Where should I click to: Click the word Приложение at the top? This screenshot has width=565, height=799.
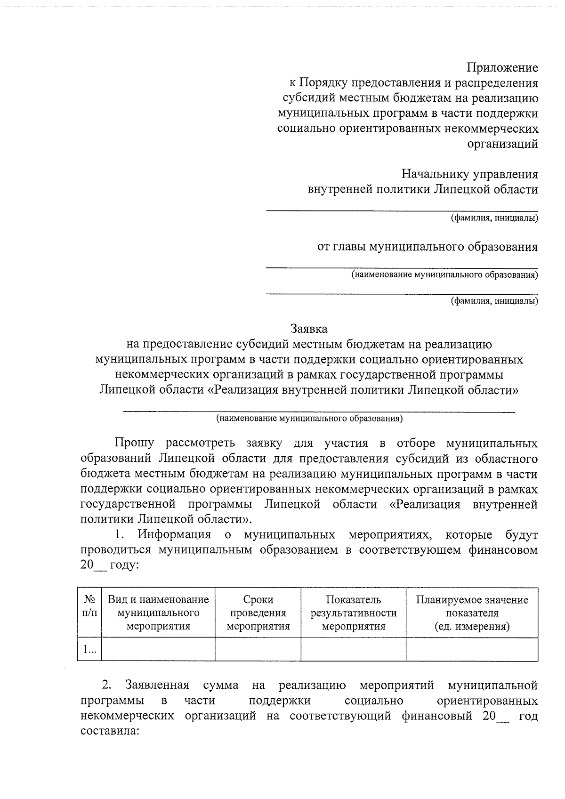tap(502, 68)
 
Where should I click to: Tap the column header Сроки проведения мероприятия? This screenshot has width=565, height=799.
tap(258, 613)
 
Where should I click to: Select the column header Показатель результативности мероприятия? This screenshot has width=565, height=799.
tap(353, 613)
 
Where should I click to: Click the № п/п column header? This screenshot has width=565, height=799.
tap(89, 606)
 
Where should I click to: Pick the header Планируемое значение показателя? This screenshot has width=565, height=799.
tap(472, 613)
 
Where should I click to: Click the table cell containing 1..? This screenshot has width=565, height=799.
tap(89, 649)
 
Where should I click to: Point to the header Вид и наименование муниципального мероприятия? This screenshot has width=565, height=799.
tap(158, 613)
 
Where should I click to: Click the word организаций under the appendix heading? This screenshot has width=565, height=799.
tap(502, 144)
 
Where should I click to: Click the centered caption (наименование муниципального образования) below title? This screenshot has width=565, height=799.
tap(309, 418)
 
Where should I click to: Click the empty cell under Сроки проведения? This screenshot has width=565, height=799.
tap(258, 649)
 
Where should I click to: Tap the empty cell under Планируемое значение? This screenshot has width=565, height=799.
tap(472, 649)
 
